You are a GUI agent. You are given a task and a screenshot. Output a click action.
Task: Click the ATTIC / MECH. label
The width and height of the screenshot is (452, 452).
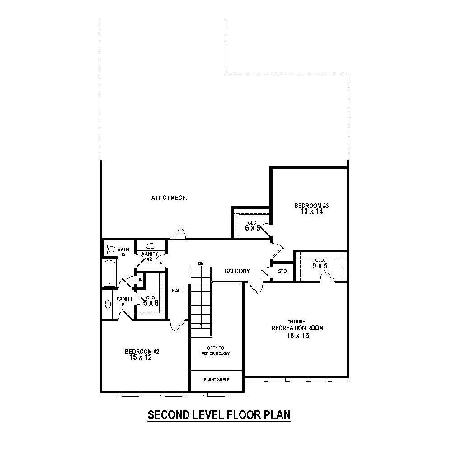pos(169,198)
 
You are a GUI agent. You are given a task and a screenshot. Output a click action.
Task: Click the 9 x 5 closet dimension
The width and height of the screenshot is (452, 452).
pos(320,266)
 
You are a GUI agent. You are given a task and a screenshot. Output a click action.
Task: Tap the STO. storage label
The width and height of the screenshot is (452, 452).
pos(283,272)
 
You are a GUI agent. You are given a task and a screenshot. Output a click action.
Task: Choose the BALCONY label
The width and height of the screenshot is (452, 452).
pos(237,271)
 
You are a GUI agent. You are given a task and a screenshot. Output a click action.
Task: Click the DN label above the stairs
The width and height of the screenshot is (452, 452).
pos(201,264)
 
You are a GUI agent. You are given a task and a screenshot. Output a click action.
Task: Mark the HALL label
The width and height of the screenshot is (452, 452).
pos(177,291)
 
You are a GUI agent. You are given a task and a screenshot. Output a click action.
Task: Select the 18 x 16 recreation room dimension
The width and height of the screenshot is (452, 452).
pos(297,335)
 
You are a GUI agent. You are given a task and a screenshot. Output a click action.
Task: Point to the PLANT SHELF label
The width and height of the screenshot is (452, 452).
pos(216,380)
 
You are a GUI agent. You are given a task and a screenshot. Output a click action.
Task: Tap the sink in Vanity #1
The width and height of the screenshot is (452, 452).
pos(108,304)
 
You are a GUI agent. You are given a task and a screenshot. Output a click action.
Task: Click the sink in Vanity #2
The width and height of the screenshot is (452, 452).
pos(151,246)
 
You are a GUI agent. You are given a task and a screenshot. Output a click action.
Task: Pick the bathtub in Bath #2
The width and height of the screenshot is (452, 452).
pos(109,273)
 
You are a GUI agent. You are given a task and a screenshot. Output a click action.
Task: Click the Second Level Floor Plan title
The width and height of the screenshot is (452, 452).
pos(219,415)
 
